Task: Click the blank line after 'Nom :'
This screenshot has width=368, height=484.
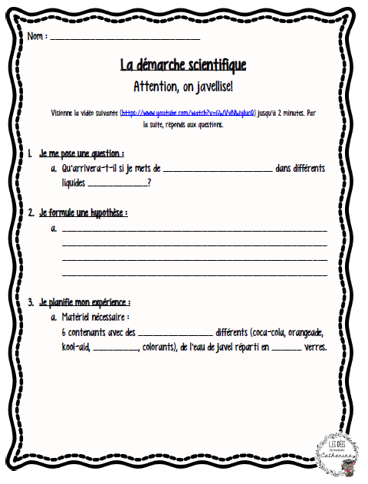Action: click(124, 38)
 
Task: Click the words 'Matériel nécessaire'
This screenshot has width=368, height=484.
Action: click(95, 317)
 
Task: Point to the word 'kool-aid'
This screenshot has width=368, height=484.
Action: click(76, 347)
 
